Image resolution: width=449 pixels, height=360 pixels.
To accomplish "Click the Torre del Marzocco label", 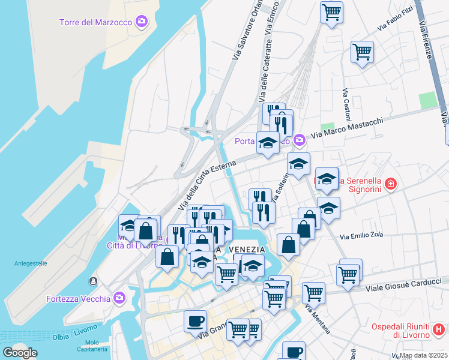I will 96,23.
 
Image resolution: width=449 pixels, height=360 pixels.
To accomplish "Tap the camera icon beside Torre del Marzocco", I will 142,22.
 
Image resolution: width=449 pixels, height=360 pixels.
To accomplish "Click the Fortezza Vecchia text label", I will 78,299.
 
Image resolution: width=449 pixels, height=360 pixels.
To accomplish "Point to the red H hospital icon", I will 439,329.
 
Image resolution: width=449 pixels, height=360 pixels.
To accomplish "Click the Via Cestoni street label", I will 346,103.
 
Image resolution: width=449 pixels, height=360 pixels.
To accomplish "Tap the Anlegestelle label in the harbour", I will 31,263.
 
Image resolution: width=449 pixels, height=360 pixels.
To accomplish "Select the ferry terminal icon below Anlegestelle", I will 93,281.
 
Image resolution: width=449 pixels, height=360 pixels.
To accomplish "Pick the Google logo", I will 20,353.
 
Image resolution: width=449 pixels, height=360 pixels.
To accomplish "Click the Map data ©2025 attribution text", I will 423,355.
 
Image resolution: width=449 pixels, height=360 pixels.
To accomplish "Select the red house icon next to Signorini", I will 391,184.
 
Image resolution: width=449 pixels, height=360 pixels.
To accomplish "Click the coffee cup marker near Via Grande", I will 195,321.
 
